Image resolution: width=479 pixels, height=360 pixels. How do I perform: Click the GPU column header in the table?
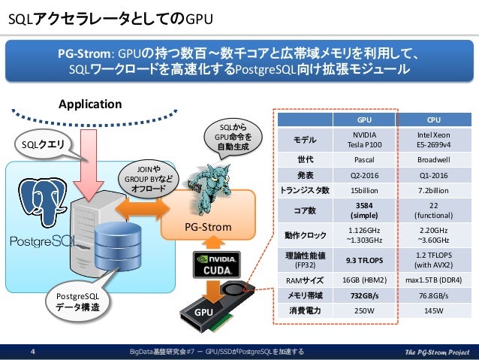(x=365, y=119)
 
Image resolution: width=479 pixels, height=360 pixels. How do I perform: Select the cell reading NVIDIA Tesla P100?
(x=365, y=139)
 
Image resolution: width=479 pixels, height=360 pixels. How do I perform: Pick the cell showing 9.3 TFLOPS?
(x=365, y=259)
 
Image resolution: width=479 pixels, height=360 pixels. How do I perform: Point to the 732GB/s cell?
(x=365, y=295)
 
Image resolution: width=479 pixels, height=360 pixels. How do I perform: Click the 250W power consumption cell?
(x=365, y=310)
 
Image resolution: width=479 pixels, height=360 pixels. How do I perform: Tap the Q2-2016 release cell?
(x=365, y=174)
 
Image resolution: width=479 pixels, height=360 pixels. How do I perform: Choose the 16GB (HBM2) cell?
(x=365, y=280)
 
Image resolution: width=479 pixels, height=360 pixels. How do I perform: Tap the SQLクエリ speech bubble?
(x=43, y=143)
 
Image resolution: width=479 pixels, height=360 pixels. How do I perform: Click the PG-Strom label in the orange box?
(x=208, y=226)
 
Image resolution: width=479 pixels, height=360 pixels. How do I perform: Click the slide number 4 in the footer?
(x=32, y=351)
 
